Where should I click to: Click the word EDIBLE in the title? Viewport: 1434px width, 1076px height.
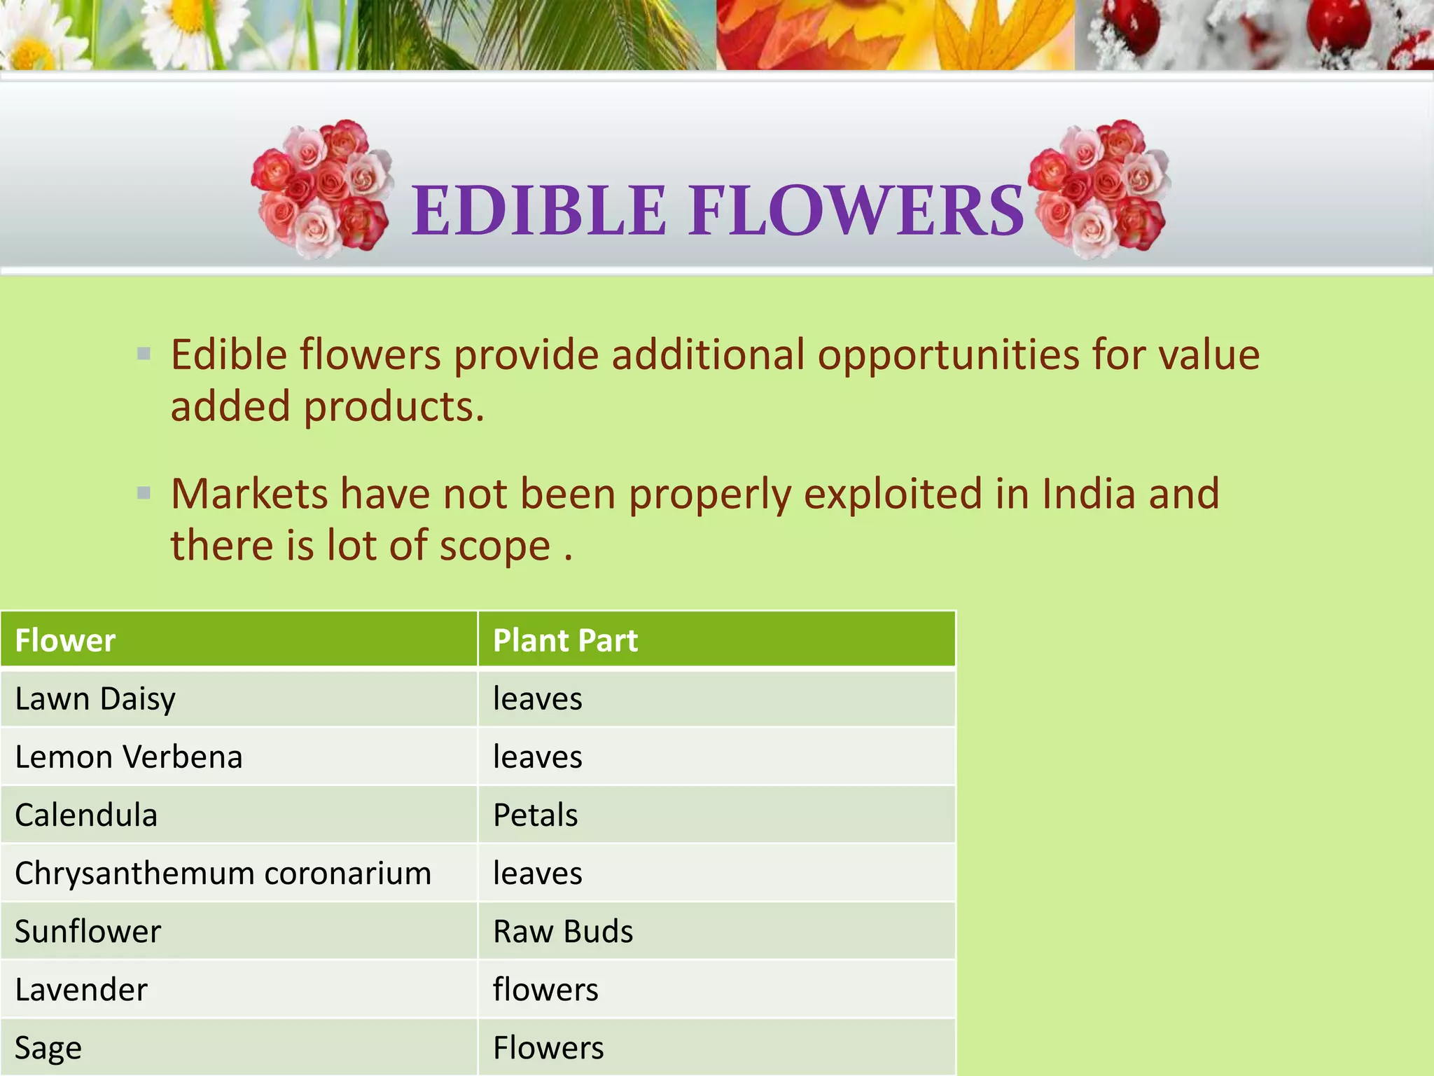tap(538, 210)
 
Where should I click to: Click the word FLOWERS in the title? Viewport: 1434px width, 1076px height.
tap(856, 210)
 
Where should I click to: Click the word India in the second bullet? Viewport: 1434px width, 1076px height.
tap(1088, 493)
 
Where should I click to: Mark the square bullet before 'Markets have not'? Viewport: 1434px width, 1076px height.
tap(144, 492)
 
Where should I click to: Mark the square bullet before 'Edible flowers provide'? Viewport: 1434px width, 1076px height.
tap(144, 354)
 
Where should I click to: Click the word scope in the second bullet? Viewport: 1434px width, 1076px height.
tap(494, 546)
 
